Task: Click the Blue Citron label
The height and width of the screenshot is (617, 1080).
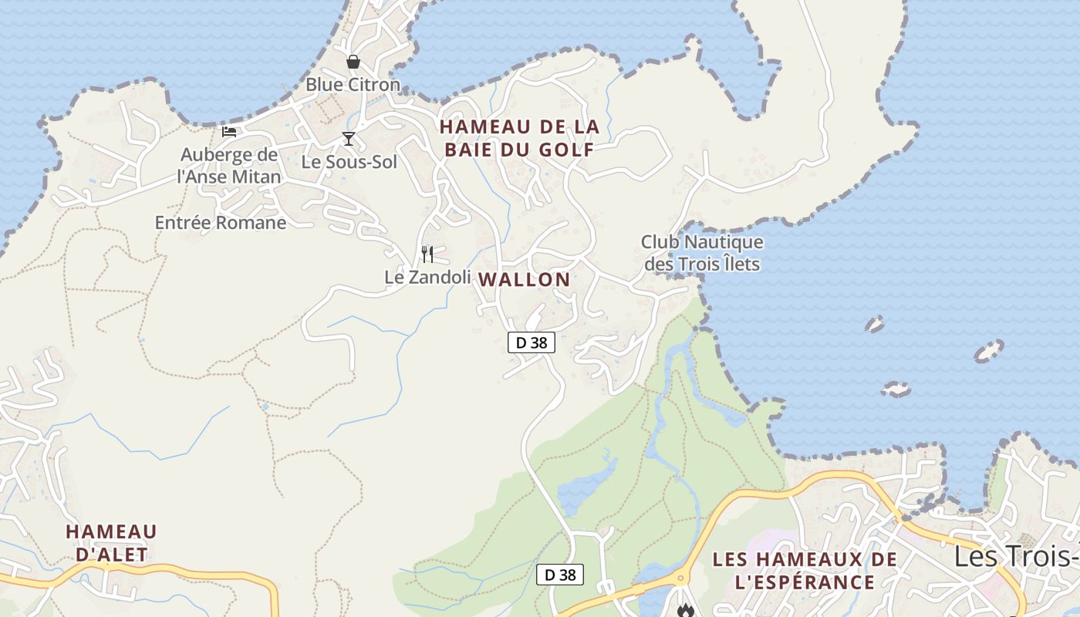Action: tap(353, 84)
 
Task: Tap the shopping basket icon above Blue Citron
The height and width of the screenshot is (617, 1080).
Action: tap(353, 62)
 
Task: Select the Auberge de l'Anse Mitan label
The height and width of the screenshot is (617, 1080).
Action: tap(229, 166)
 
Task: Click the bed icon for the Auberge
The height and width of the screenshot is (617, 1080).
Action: tap(229, 131)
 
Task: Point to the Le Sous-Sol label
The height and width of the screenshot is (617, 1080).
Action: tap(349, 162)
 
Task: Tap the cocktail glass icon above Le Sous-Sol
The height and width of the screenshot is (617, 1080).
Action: tap(349, 139)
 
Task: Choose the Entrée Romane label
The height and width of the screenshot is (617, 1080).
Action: tap(221, 223)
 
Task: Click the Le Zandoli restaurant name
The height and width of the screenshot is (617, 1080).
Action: tap(427, 277)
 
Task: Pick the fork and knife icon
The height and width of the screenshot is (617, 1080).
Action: tap(427, 254)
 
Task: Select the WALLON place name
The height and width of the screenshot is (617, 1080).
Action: tap(525, 280)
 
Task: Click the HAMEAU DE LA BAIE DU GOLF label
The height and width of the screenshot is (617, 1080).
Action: tap(519, 138)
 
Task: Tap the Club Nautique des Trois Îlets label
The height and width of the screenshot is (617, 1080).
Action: tap(702, 253)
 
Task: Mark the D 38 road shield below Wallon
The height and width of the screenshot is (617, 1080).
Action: tap(532, 342)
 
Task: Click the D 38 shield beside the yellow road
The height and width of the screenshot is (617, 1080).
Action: tap(560, 575)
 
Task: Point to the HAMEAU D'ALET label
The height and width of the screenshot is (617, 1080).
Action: tap(111, 543)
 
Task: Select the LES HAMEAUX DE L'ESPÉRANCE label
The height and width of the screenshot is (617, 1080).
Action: tap(805, 571)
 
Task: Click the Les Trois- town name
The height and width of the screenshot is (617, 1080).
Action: tap(1017, 556)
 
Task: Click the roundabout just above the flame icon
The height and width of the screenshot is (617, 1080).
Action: tap(680, 578)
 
